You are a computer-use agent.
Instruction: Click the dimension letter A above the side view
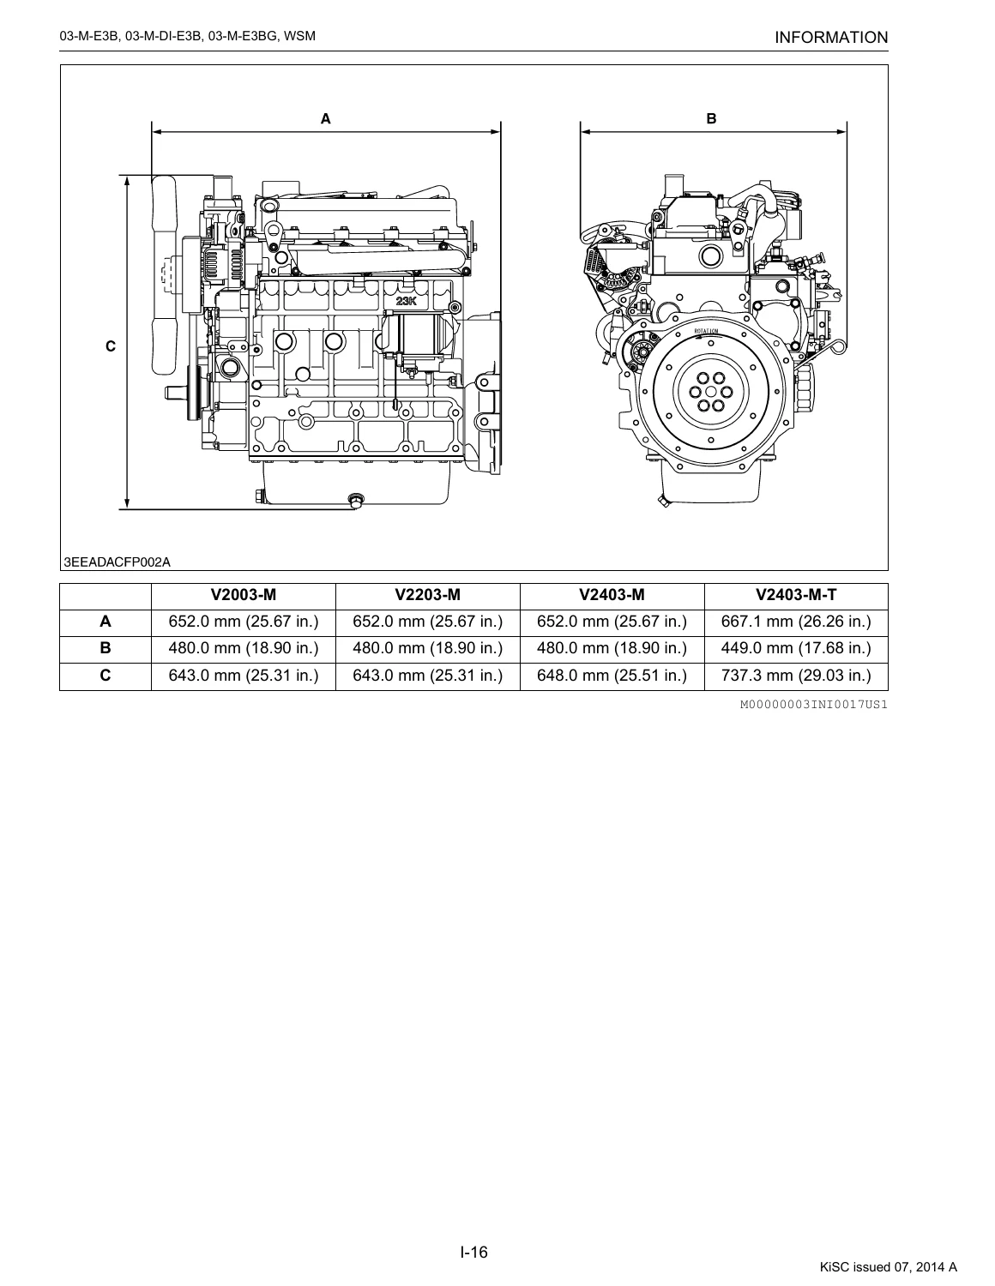click(326, 119)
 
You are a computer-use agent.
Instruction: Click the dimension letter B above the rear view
click(711, 119)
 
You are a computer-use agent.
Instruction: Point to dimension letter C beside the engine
click(111, 346)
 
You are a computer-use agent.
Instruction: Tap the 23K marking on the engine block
click(407, 301)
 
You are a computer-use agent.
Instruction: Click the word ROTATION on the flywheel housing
click(706, 332)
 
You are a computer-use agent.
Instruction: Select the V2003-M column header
click(244, 595)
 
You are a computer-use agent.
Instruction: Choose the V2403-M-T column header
click(796, 595)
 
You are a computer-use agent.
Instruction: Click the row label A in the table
click(106, 622)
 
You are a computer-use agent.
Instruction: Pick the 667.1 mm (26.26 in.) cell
click(796, 622)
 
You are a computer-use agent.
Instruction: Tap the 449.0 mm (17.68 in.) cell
click(796, 648)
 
